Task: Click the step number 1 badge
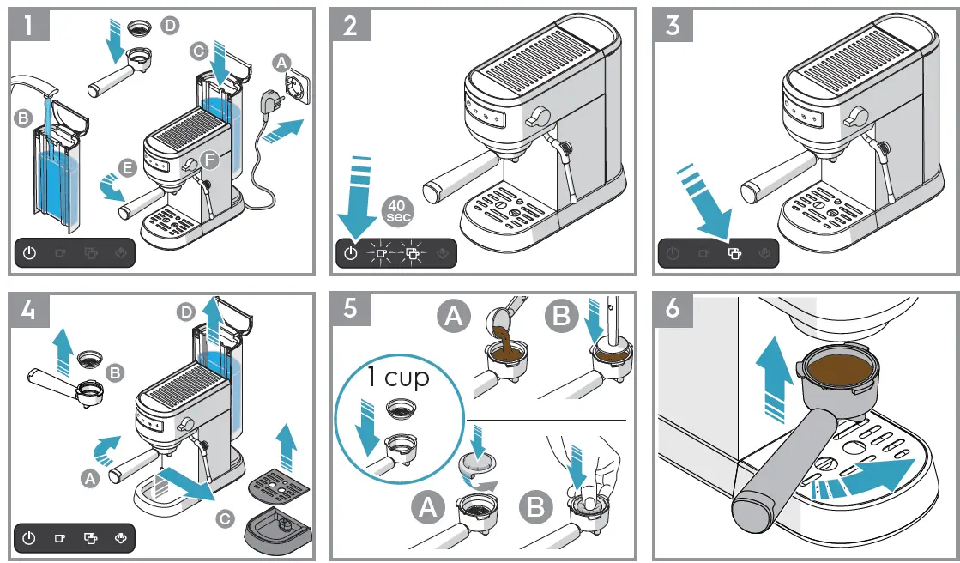click(x=30, y=27)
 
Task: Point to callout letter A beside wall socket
click(x=281, y=62)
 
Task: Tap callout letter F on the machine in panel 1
click(x=211, y=160)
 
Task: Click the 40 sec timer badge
click(x=397, y=210)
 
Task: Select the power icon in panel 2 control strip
click(x=350, y=253)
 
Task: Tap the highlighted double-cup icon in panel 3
click(x=734, y=253)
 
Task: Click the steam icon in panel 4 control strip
click(x=120, y=539)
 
